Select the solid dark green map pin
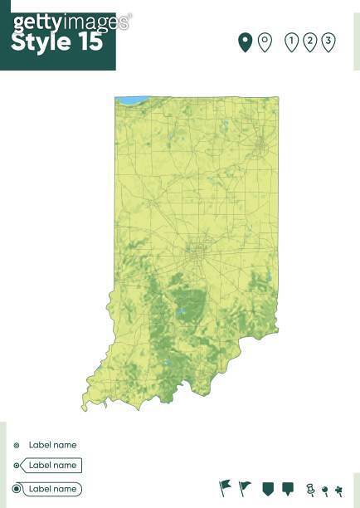245,42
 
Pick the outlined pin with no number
265,42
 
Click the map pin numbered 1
291,42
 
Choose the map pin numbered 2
309,42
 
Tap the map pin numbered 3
328,42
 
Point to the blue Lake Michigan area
131,100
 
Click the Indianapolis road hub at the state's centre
197,248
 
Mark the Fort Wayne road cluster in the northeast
260,149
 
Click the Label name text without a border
52,445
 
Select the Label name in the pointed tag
52,466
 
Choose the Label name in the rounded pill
52,489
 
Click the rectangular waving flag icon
225,487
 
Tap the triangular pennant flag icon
245,487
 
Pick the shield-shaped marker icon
267,488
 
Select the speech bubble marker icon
288,488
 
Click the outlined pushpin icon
310,489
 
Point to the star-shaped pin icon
338,490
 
